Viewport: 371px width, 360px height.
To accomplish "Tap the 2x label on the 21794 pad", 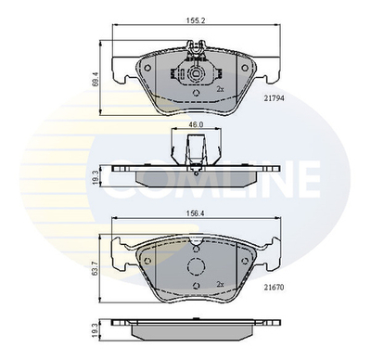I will pyautogui.click(x=220, y=89).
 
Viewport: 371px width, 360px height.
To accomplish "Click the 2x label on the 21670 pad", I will pyautogui.click(x=220, y=284).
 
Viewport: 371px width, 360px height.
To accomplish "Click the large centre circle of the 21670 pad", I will pyautogui.click(x=196, y=267).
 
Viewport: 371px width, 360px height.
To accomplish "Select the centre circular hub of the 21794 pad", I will pyautogui.click(x=196, y=78).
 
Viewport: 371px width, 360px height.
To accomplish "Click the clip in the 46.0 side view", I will pyautogui.click(x=196, y=148).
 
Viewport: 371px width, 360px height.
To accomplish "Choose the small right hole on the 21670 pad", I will pyautogui.click(x=243, y=251).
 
